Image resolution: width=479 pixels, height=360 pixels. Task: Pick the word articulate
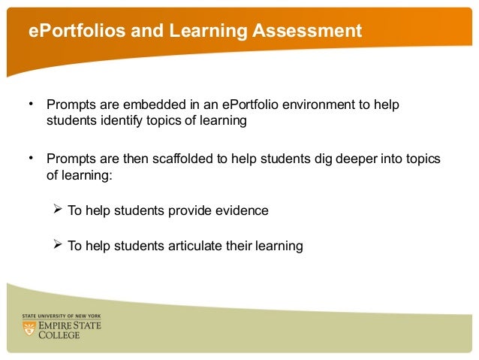(x=208, y=246)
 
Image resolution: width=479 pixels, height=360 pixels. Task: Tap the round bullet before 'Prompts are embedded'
(x=31, y=101)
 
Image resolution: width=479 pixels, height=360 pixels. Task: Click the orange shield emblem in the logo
(x=30, y=328)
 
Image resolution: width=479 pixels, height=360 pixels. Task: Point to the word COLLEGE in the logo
(x=62, y=334)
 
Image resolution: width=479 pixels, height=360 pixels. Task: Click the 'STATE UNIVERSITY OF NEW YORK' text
(x=62, y=316)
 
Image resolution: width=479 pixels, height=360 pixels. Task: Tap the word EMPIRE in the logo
(x=59, y=325)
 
